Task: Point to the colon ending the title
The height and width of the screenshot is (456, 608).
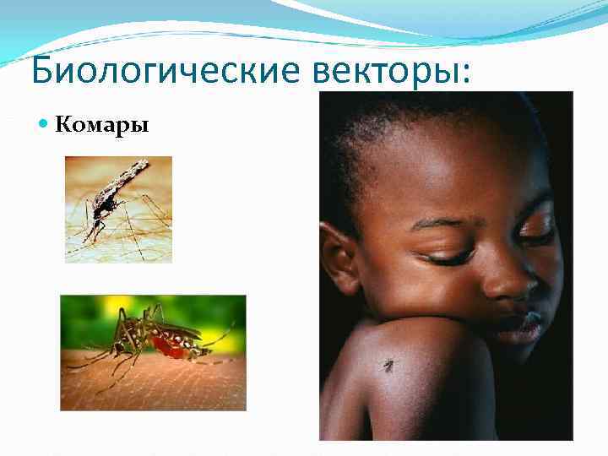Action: (x=466, y=74)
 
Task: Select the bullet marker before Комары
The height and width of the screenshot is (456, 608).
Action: (x=45, y=126)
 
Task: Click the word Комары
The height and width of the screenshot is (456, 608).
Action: (x=101, y=126)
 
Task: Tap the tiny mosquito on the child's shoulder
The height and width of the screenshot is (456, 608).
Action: (x=388, y=365)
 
